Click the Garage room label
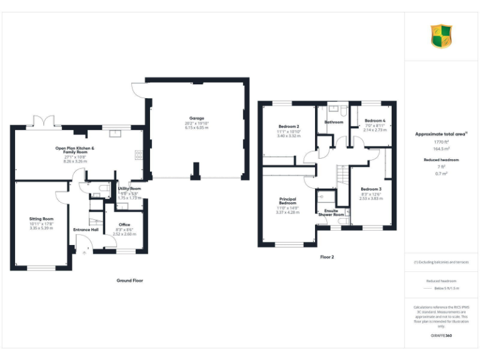197,117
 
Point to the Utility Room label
129,188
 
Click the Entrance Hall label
86,229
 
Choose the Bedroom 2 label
288,126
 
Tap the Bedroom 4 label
375,121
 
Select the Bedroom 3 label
371,189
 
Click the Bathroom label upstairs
334,122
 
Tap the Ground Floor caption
130,281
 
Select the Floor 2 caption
327,257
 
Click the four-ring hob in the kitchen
138,154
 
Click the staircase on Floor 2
341,175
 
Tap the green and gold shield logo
441,36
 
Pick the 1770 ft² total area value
441,142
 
